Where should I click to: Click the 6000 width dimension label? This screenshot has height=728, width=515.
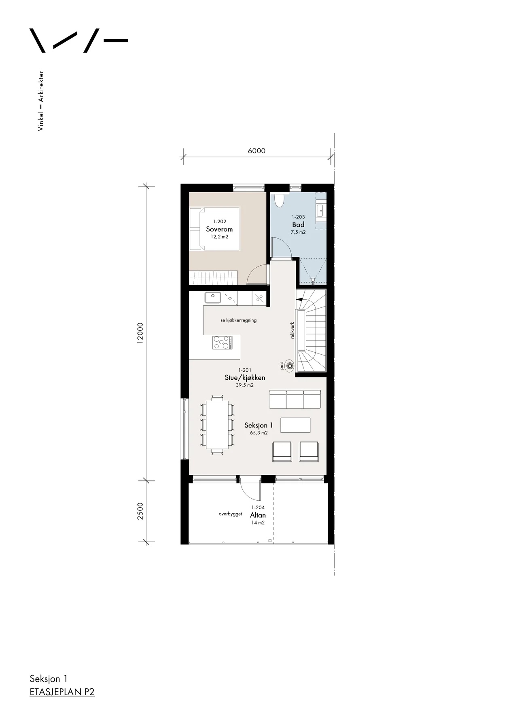(x=256, y=151)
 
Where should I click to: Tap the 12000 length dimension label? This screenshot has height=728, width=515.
(x=140, y=333)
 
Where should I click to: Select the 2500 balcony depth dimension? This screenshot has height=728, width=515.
(x=140, y=511)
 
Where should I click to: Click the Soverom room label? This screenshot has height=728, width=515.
(x=219, y=229)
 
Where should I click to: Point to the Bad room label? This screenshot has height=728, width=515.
(x=298, y=224)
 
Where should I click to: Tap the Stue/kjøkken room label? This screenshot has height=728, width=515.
(x=245, y=377)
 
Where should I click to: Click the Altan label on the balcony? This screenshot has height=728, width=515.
(x=258, y=515)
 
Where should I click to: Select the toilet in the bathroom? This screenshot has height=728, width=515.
(x=280, y=200)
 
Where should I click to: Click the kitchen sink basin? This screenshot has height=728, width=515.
(x=212, y=297)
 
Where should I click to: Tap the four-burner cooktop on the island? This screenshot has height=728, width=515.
(x=223, y=343)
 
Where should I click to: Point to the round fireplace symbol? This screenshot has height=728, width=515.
(x=289, y=366)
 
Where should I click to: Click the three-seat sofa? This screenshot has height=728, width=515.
(x=295, y=399)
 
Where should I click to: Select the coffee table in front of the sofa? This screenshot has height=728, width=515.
(x=295, y=425)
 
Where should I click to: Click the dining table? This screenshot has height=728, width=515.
(x=217, y=425)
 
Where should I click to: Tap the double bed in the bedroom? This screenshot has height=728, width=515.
(x=215, y=229)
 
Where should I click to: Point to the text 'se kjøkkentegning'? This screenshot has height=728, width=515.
(x=239, y=320)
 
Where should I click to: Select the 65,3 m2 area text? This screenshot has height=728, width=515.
(x=259, y=433)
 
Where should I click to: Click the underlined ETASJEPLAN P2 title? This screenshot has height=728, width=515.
(x=62, y=692)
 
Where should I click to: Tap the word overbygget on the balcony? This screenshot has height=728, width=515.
(x=230, y=514)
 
